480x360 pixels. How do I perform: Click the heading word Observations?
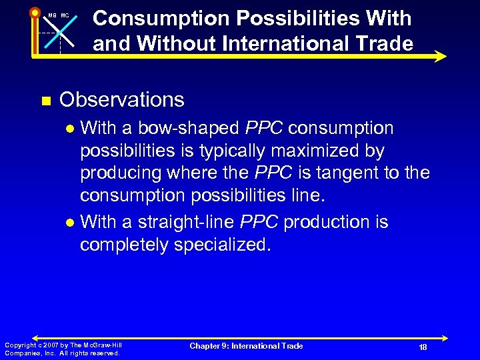coord(121,100)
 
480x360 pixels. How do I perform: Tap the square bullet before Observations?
coord(45,101)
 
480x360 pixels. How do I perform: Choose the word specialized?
coord(222,245)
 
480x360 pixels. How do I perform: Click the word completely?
coord(123,245)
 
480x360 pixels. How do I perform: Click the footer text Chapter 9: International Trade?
coord(246,345)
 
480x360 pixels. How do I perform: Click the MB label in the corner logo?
coord(52,15)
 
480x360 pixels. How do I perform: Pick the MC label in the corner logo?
coord(65,15)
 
